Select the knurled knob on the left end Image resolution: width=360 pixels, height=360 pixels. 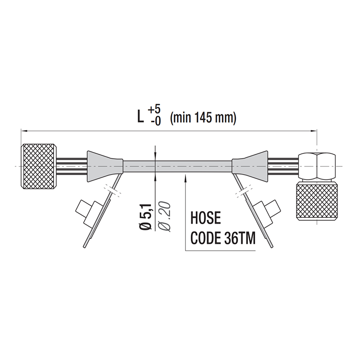[40, 167]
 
